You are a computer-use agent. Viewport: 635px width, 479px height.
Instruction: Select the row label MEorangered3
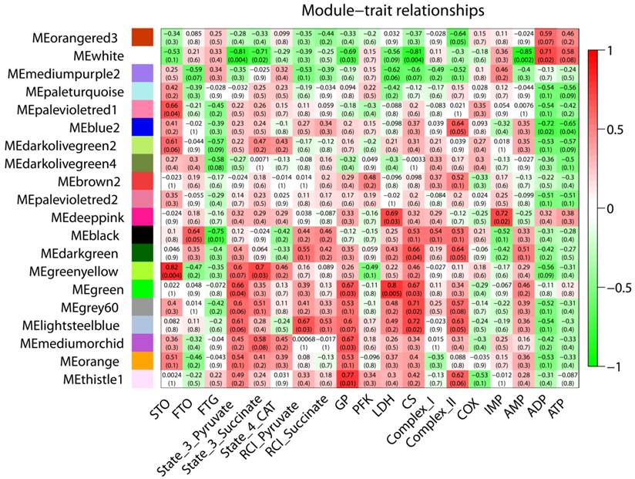pyautogui.click(x=75, y=38)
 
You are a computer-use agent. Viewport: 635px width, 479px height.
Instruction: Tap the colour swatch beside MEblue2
pyautogui.click(x=141, y=126)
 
